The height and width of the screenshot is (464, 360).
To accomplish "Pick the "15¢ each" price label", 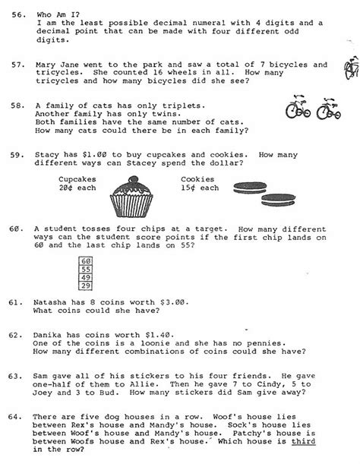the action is point(199,188).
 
